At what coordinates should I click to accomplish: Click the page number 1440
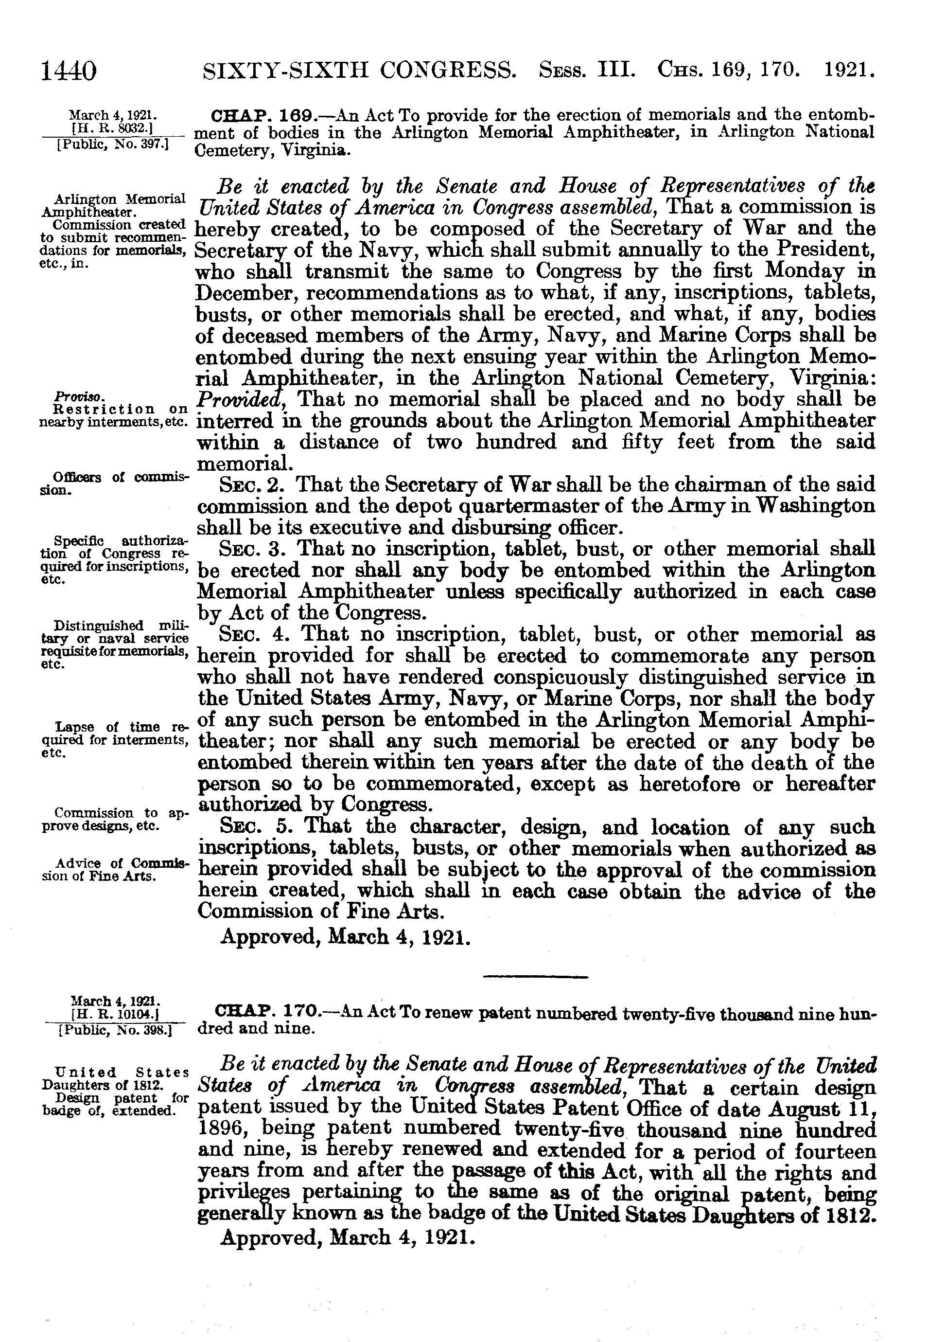68,72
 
